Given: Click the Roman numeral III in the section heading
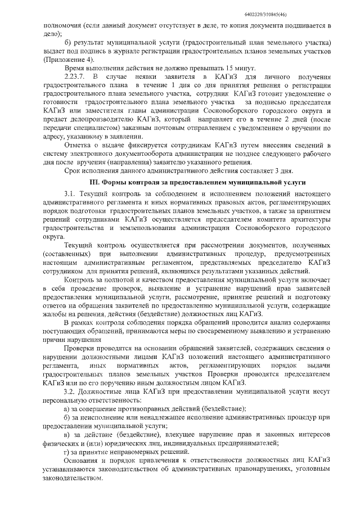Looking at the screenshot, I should pyautogui.click(x=94, y=183).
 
